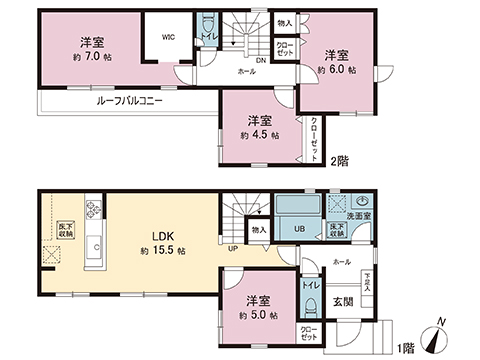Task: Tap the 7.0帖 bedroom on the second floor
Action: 94,50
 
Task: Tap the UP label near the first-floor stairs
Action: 232,249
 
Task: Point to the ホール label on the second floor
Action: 246,73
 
